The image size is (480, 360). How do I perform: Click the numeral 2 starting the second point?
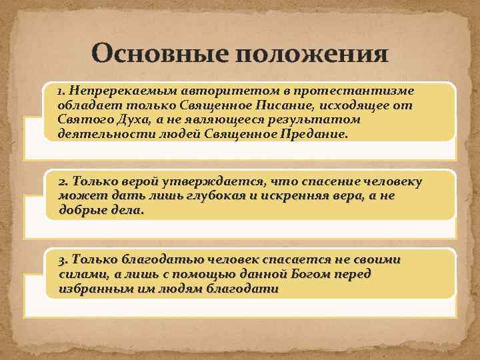(x=62, y=181)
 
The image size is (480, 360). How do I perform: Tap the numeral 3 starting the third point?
(x=62, y=259)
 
